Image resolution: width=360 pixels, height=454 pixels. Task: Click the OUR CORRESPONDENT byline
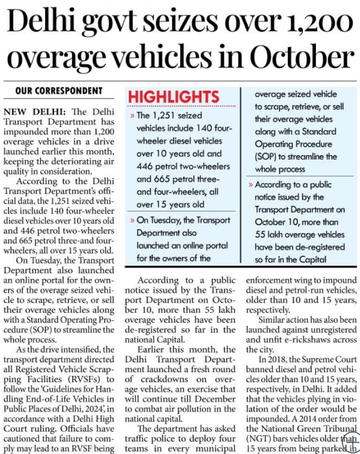click(x=59, y=90)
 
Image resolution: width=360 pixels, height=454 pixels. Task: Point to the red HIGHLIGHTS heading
click(x=165, y=97)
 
